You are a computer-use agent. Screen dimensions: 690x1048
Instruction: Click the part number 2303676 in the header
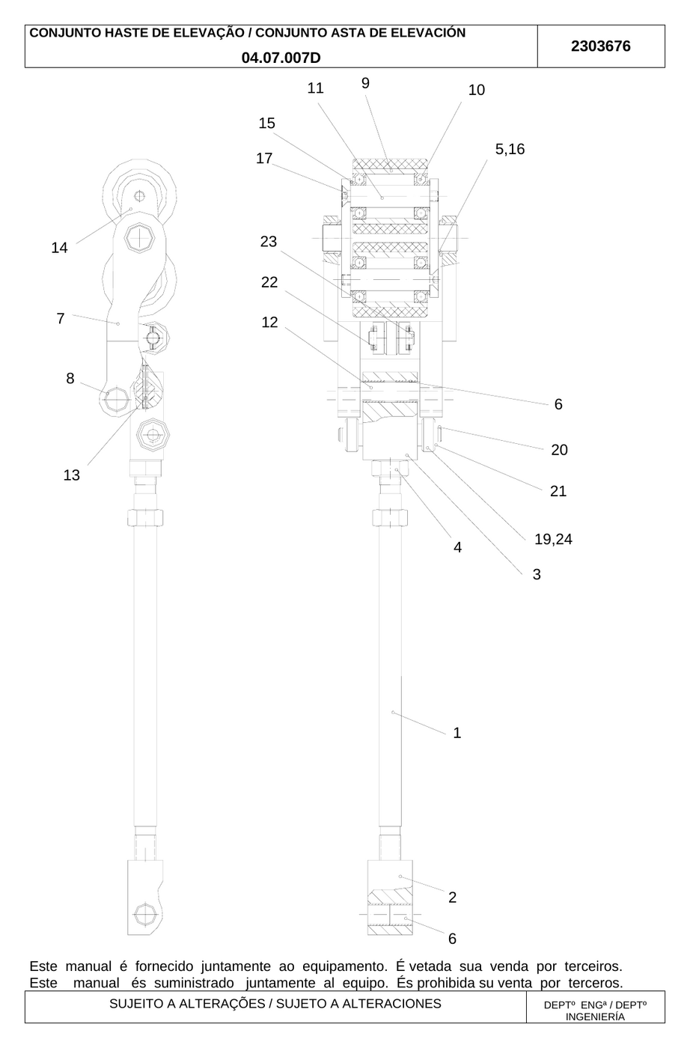coord(601,46)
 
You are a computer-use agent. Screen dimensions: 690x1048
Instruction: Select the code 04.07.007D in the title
coord(281,58)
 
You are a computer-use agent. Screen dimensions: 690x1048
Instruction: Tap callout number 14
coord(59,248)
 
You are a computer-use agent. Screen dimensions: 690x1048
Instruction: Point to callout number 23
coord(269,241)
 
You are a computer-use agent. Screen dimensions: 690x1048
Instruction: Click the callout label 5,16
coord(510,149)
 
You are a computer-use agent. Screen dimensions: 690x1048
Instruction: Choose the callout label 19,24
coord(553,540)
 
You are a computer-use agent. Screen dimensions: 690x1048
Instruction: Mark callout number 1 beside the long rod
coord(457,733)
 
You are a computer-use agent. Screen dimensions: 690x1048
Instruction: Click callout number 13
coord(72,475)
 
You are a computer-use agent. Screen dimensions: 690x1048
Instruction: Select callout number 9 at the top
coord(365,83)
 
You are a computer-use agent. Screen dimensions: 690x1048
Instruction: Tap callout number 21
coord(558,491)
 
